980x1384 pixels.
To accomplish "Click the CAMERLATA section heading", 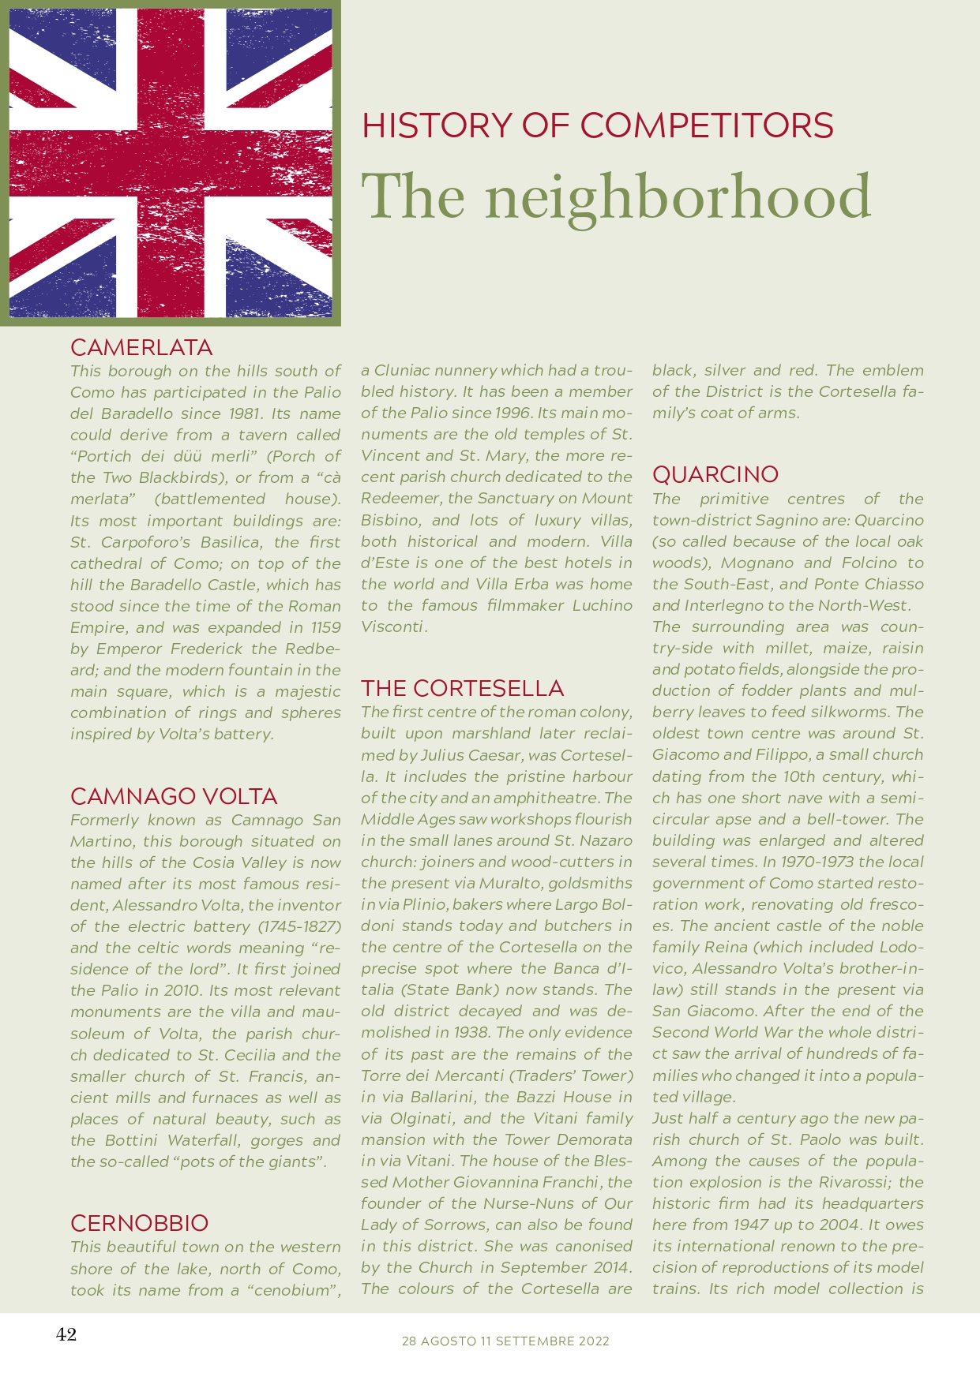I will (x=141, y=348).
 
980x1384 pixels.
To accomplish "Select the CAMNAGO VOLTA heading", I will (x=174, y=796).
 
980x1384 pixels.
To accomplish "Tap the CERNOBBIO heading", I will (x=139, y=1223).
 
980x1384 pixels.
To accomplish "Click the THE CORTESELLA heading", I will (x=462, y=688).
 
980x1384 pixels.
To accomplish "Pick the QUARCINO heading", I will (x=715, y=474).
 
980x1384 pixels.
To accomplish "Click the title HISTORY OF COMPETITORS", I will (x=597, y=126).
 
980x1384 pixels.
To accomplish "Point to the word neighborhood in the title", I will (x=678, y=197).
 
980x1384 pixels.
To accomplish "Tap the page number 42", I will (x=66, y=1334).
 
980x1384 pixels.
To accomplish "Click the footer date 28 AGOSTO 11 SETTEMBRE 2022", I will (x=505, y=1341).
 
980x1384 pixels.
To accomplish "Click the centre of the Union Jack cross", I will (x=171, y=163).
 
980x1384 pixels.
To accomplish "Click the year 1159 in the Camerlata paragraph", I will (x=325, y=627).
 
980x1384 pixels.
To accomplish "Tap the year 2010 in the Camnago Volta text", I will (x=178, y=990).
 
